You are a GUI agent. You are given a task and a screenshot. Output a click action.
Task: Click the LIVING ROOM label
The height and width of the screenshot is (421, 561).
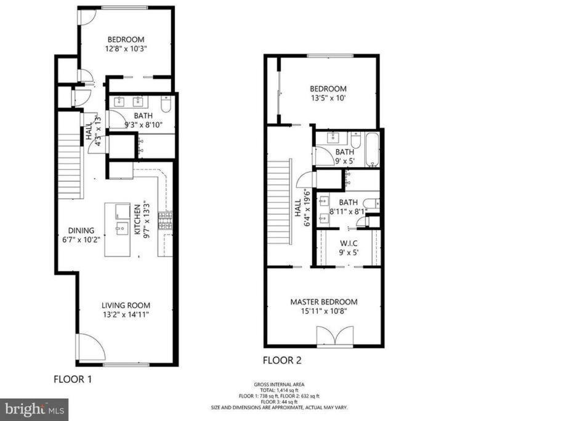pos(126,305)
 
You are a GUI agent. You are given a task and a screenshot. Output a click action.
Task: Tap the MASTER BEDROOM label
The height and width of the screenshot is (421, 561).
pos(324,302)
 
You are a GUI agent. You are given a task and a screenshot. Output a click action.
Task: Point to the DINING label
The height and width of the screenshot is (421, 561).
pos(81,231)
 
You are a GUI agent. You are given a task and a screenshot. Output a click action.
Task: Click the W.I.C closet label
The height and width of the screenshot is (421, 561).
pos(349,243)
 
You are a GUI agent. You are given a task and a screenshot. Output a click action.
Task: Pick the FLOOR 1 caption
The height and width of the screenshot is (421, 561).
pos(73,379)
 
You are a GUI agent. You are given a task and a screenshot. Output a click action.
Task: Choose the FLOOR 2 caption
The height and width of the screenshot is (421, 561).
pos(282,360)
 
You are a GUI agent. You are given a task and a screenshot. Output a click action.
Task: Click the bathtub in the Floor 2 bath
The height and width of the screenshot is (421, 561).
pos(372,150)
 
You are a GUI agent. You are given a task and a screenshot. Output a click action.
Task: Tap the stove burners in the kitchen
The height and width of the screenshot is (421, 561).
pos(165,221)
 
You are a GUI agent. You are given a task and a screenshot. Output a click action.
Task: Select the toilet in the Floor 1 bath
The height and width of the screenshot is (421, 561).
pos(166,104)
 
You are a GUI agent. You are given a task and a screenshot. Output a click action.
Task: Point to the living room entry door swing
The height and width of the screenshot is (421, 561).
pos(90,346)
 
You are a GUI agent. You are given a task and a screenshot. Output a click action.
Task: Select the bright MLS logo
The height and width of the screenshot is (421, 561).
pos(34,409)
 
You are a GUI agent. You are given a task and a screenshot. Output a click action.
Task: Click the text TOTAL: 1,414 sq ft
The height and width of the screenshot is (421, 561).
pos(280,390)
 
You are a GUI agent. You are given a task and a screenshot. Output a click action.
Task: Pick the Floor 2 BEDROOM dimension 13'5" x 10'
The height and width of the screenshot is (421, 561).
pos(328,98)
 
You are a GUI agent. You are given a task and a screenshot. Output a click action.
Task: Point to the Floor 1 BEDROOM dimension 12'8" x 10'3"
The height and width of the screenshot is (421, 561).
pos(126,48)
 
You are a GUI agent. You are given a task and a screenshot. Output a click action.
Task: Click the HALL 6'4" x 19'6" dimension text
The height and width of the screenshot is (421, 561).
pos(307,208)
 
